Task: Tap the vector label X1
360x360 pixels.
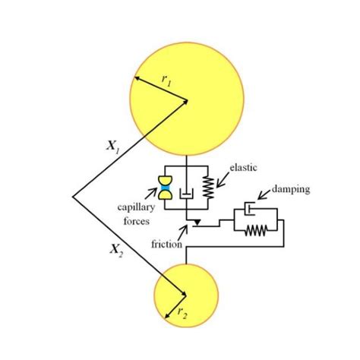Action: tap(112, 149)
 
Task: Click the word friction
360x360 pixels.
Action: tap(166, 245)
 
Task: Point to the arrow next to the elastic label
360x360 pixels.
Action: tap(223, 179)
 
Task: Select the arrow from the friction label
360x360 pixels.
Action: tap(182, 234)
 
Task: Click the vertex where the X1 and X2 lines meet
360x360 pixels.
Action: tap(73, 197)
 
